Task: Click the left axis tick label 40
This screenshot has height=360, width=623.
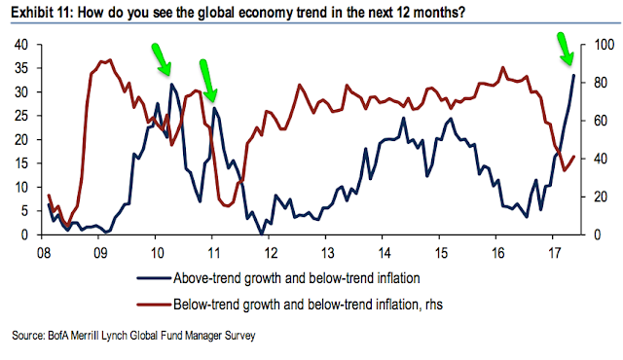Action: (21, 45)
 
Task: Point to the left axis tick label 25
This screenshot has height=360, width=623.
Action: (21, 116)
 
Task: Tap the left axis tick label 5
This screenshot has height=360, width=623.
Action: (25, 211)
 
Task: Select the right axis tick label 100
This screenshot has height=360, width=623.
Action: (604, 45)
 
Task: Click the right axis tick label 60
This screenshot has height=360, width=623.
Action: (601, 121)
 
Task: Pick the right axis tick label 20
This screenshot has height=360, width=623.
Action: (601, 197)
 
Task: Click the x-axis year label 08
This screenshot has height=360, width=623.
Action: (44, 253)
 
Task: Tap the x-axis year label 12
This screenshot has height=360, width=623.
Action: (271, 253)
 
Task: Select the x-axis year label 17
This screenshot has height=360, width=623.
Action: (555, 253)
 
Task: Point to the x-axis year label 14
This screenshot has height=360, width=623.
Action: (385, 253)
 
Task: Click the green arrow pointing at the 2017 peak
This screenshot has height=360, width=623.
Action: (565, 49)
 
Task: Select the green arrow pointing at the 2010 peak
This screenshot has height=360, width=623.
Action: (161, 59)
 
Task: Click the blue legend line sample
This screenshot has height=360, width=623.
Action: (154, 278)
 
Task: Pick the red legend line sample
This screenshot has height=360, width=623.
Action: (154, 305)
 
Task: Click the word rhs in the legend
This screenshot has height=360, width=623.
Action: (432, 305)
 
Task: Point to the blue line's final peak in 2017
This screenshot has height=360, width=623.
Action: (573, 75)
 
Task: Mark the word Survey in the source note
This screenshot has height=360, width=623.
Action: (240, 336)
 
